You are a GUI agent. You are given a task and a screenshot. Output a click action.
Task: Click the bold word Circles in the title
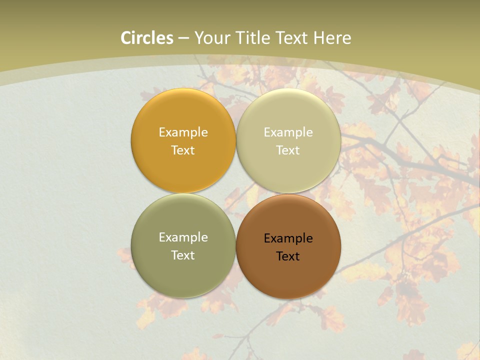click(x=147, y=38)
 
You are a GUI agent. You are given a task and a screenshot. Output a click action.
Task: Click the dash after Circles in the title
click(x=183, y=38)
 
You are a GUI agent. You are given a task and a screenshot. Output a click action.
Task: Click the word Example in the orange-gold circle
click(x=183, y=132)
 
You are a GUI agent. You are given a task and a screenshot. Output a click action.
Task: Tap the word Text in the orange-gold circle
click(x=183, y=150)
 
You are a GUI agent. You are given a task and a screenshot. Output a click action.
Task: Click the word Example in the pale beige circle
click(x=288, y=132)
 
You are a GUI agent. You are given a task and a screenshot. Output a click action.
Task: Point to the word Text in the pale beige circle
click(x=288, y=150)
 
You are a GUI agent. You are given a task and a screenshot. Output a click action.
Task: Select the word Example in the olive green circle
click(x=183, y=237)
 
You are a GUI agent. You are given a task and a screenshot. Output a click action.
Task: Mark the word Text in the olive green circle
click(x=183, y=255)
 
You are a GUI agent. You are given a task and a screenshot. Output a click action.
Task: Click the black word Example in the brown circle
click(x=288, y=238)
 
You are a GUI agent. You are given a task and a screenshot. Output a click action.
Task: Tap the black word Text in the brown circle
click(x=288, y=256)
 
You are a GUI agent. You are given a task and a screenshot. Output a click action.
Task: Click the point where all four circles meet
click(x=236, y=193)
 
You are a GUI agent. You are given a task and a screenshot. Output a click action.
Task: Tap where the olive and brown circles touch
click(x=236, y=246)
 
